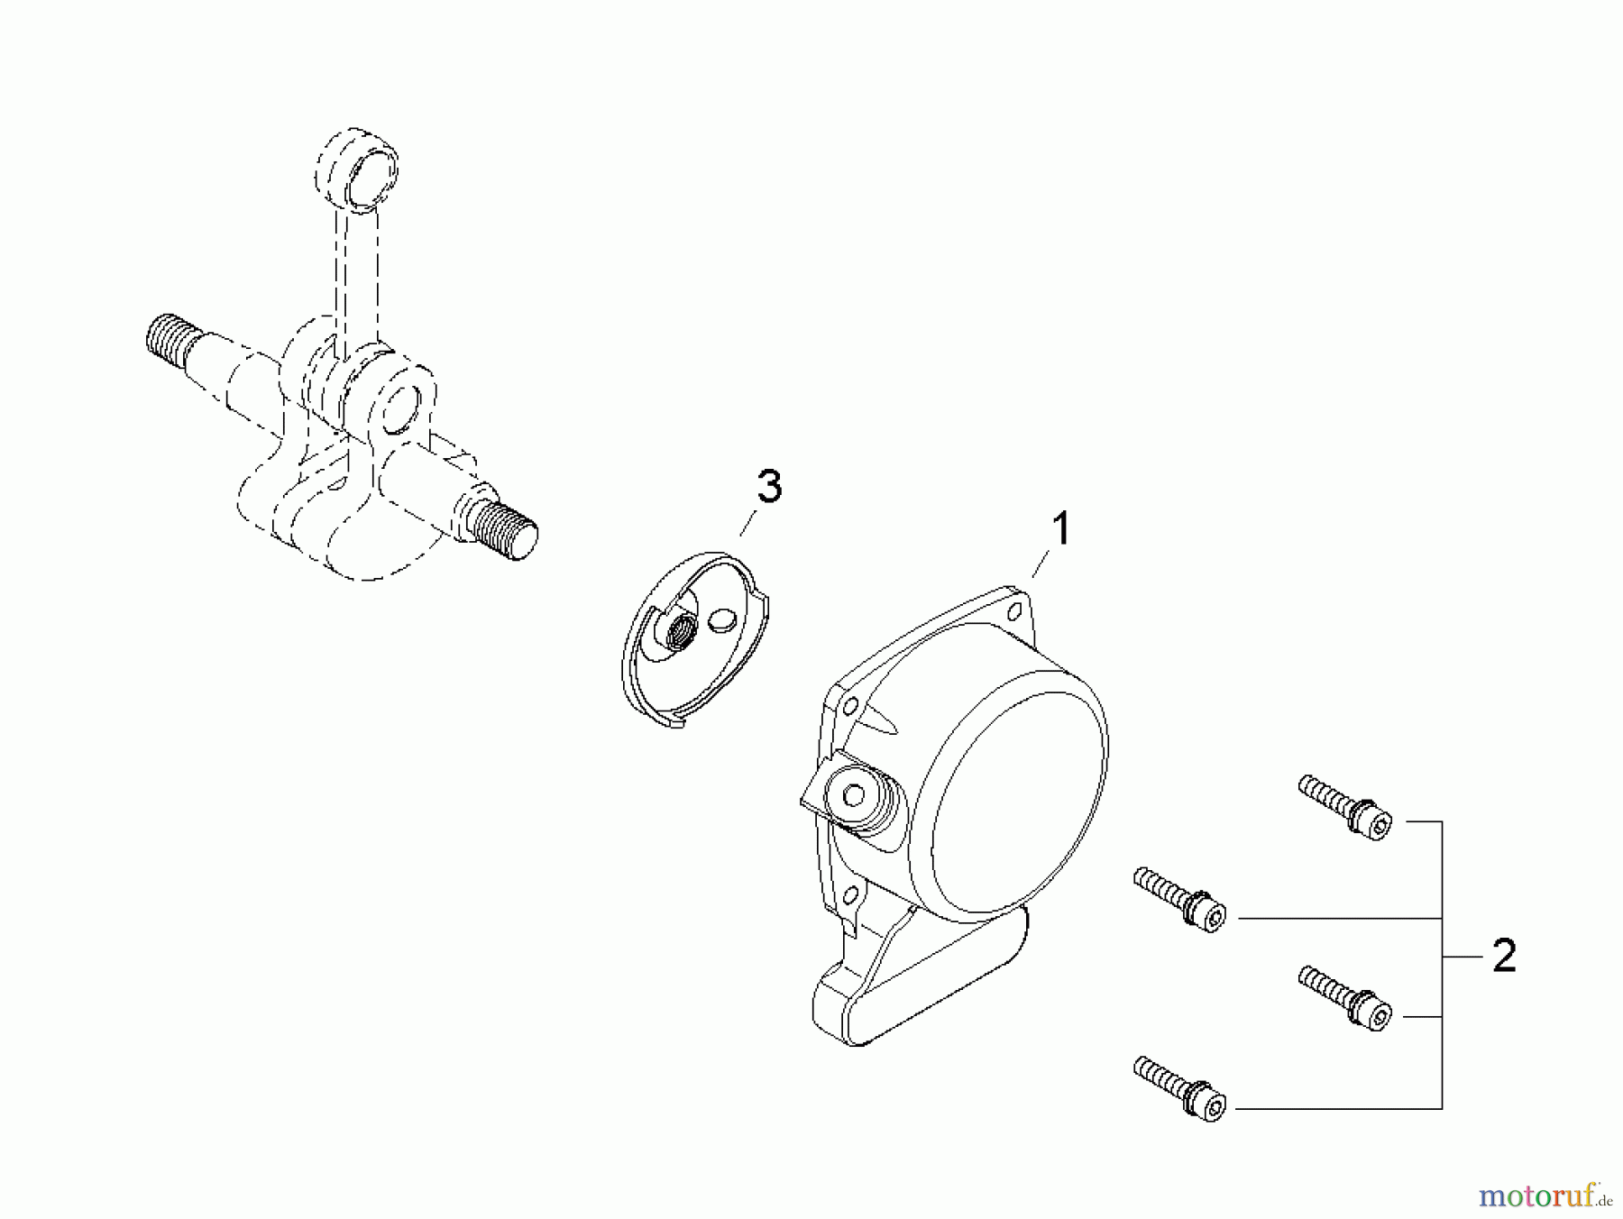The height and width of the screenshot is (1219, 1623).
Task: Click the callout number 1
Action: pos(1061,529)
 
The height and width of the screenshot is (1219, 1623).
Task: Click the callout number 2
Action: pos(1504,956)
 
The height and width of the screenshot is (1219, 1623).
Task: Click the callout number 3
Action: pos(768,487)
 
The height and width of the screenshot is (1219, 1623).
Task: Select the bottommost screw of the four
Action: pos(1179,1088)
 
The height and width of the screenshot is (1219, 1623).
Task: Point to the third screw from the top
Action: pos(1345,996)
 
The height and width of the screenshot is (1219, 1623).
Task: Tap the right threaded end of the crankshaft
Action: pos(507,530)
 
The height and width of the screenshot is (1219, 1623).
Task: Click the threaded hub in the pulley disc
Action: pos(679,627)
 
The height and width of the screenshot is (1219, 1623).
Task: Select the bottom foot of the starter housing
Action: pos(866,1010)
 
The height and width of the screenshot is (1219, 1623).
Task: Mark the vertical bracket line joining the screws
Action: pos(1442,965)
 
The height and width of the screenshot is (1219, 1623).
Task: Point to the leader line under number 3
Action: pos(747,523)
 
